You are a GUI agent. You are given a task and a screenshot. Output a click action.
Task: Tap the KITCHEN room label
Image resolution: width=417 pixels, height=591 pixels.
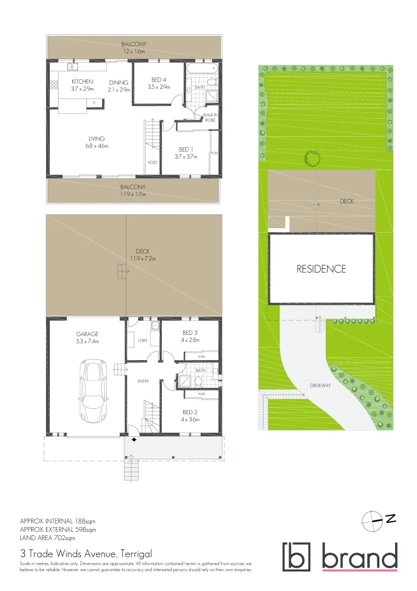[x=83, y=82]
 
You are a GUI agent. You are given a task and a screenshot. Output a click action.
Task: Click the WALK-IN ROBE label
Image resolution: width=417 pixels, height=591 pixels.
[x=210, y=117]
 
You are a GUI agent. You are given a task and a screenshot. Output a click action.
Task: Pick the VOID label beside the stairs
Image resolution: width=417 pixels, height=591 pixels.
[x=152, y=163]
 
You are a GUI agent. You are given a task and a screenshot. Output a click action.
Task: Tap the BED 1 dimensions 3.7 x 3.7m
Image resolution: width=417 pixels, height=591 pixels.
[x=186, y=157]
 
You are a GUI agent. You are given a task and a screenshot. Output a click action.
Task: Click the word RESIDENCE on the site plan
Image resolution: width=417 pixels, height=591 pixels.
[x=321, y=269]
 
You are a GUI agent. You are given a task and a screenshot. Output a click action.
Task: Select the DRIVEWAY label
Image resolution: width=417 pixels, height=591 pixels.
[x=320, y=385]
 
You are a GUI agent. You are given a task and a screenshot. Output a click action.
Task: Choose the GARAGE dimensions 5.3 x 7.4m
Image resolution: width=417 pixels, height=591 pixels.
[x=87, y=341]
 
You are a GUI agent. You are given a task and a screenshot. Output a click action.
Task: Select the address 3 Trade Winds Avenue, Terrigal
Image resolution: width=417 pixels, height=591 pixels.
[x=86, y=553]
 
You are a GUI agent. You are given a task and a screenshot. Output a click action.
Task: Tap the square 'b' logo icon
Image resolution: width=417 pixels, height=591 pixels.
[x=296, y=557]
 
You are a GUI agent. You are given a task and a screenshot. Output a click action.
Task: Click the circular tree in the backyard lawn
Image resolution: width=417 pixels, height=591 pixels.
[x=312, y=159]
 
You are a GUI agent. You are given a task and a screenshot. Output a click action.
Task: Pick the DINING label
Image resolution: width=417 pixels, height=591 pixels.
[x=119, y=83]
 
